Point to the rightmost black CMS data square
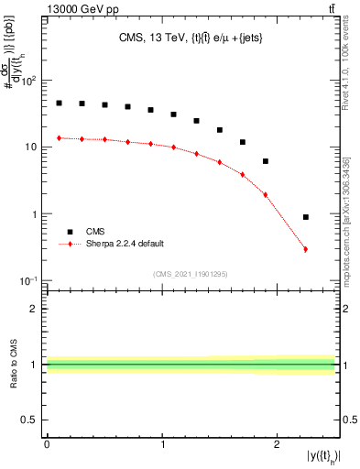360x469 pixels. click(x=305, y=217)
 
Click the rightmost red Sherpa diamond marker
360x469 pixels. click(x=305, y=249)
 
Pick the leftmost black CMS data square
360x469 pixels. click(x=59, y=104)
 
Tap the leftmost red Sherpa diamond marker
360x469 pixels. click(x=59, y=138)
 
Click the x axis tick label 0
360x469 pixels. click(x=47, y=443)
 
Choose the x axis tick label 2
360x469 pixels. click(x=278, y=443)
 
